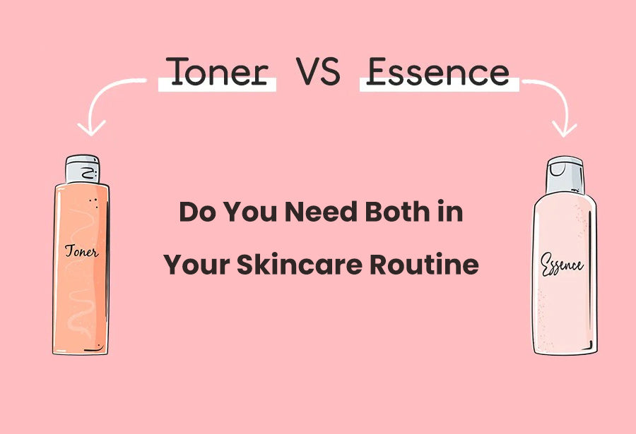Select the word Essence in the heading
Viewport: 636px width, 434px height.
[x=438, y=72]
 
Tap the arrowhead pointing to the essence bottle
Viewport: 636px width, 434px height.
[x=565, y=128]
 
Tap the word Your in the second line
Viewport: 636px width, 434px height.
[x=196, y=265]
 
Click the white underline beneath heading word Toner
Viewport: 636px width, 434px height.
[x=217, y=87]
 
